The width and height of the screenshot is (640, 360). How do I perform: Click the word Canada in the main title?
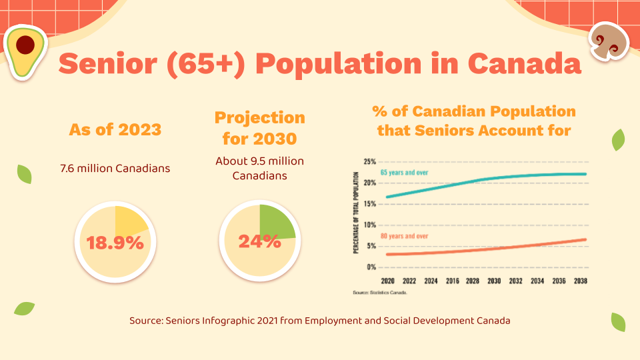point(523,64)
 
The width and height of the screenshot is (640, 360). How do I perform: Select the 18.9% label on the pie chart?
point(115,243)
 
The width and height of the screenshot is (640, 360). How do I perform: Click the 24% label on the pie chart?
point(259,241)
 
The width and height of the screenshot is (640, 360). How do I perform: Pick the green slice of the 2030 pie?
point(275,223)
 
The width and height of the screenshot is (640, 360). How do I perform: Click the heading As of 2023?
point(115,129)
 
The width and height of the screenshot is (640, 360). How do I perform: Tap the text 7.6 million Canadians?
point(115,168)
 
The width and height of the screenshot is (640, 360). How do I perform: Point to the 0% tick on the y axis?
point(371,267)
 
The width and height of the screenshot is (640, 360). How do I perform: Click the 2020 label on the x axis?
point(387,281)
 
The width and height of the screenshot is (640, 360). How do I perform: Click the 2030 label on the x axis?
point(494,281)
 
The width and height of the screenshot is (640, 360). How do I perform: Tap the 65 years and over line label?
point(405,173)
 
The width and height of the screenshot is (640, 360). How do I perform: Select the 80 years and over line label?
point(405,237)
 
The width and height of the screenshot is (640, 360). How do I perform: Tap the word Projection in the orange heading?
point(260,118)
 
